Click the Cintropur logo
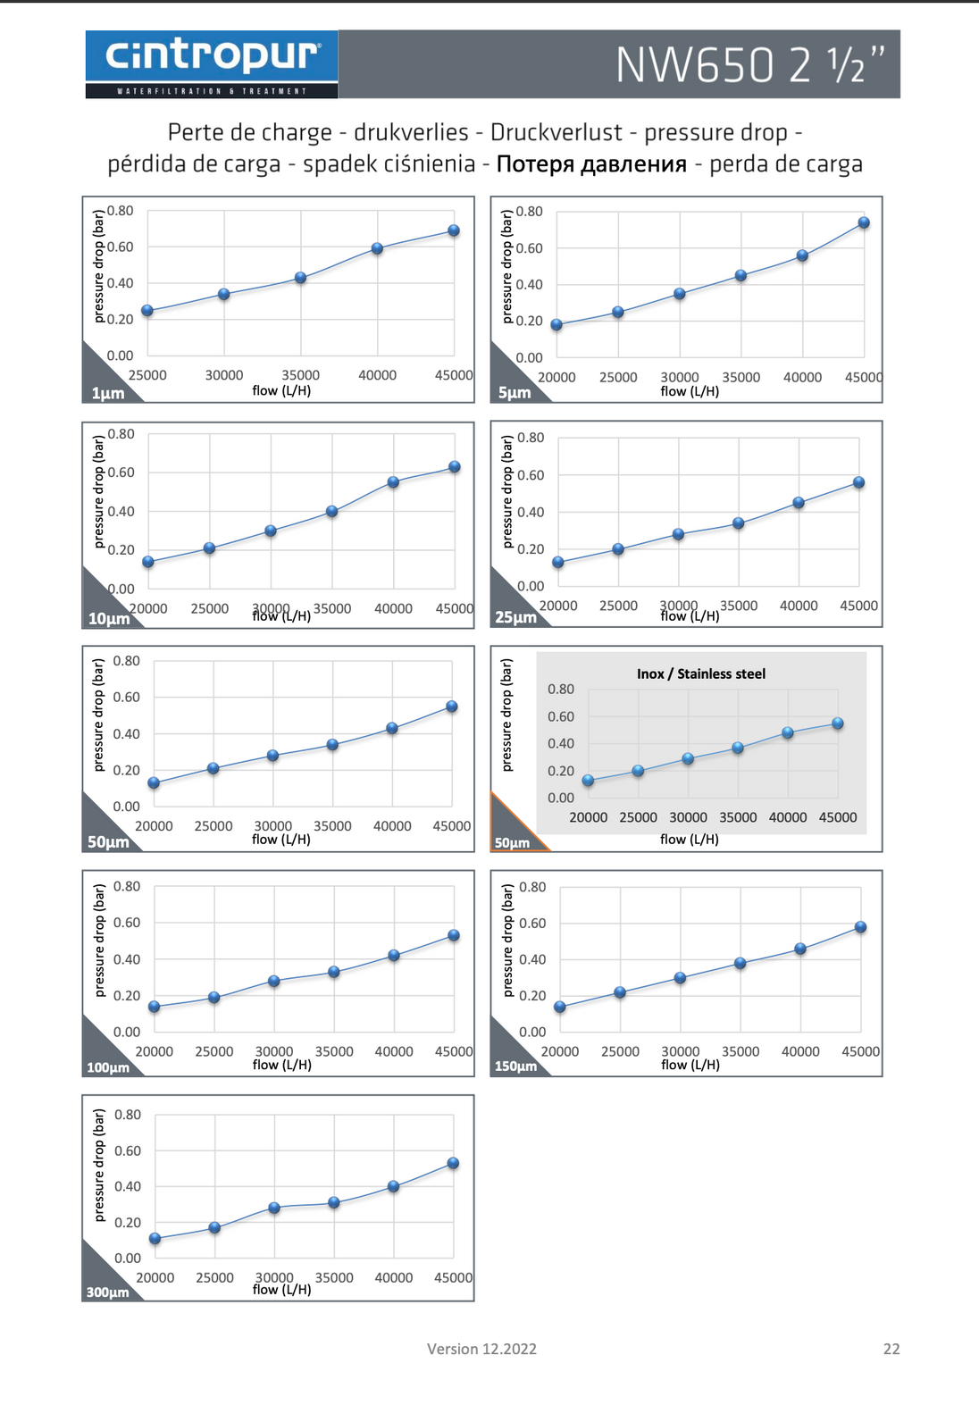[212, 56]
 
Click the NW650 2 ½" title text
[750, 65]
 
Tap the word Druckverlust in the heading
[556, 133]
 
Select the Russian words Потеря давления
[591, 164]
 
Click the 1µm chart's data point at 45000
[454, 230]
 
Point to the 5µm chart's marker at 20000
[556, 325]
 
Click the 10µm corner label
[108, 618]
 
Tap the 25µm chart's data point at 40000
[799, 503]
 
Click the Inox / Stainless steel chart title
[701, 674]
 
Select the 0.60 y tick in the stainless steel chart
[561, 716]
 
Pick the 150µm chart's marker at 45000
[860, 927]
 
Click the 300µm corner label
[107, 1292]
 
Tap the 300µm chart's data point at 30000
[274, 1208]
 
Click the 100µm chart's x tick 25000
[214, 1051]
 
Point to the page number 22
[891, 1349]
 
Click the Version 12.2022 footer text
[481, 1349]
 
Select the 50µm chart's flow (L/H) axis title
[281, 840]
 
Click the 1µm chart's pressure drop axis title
[99, 266]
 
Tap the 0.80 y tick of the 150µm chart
[532, 887]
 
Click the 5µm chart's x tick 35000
[741, 377]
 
